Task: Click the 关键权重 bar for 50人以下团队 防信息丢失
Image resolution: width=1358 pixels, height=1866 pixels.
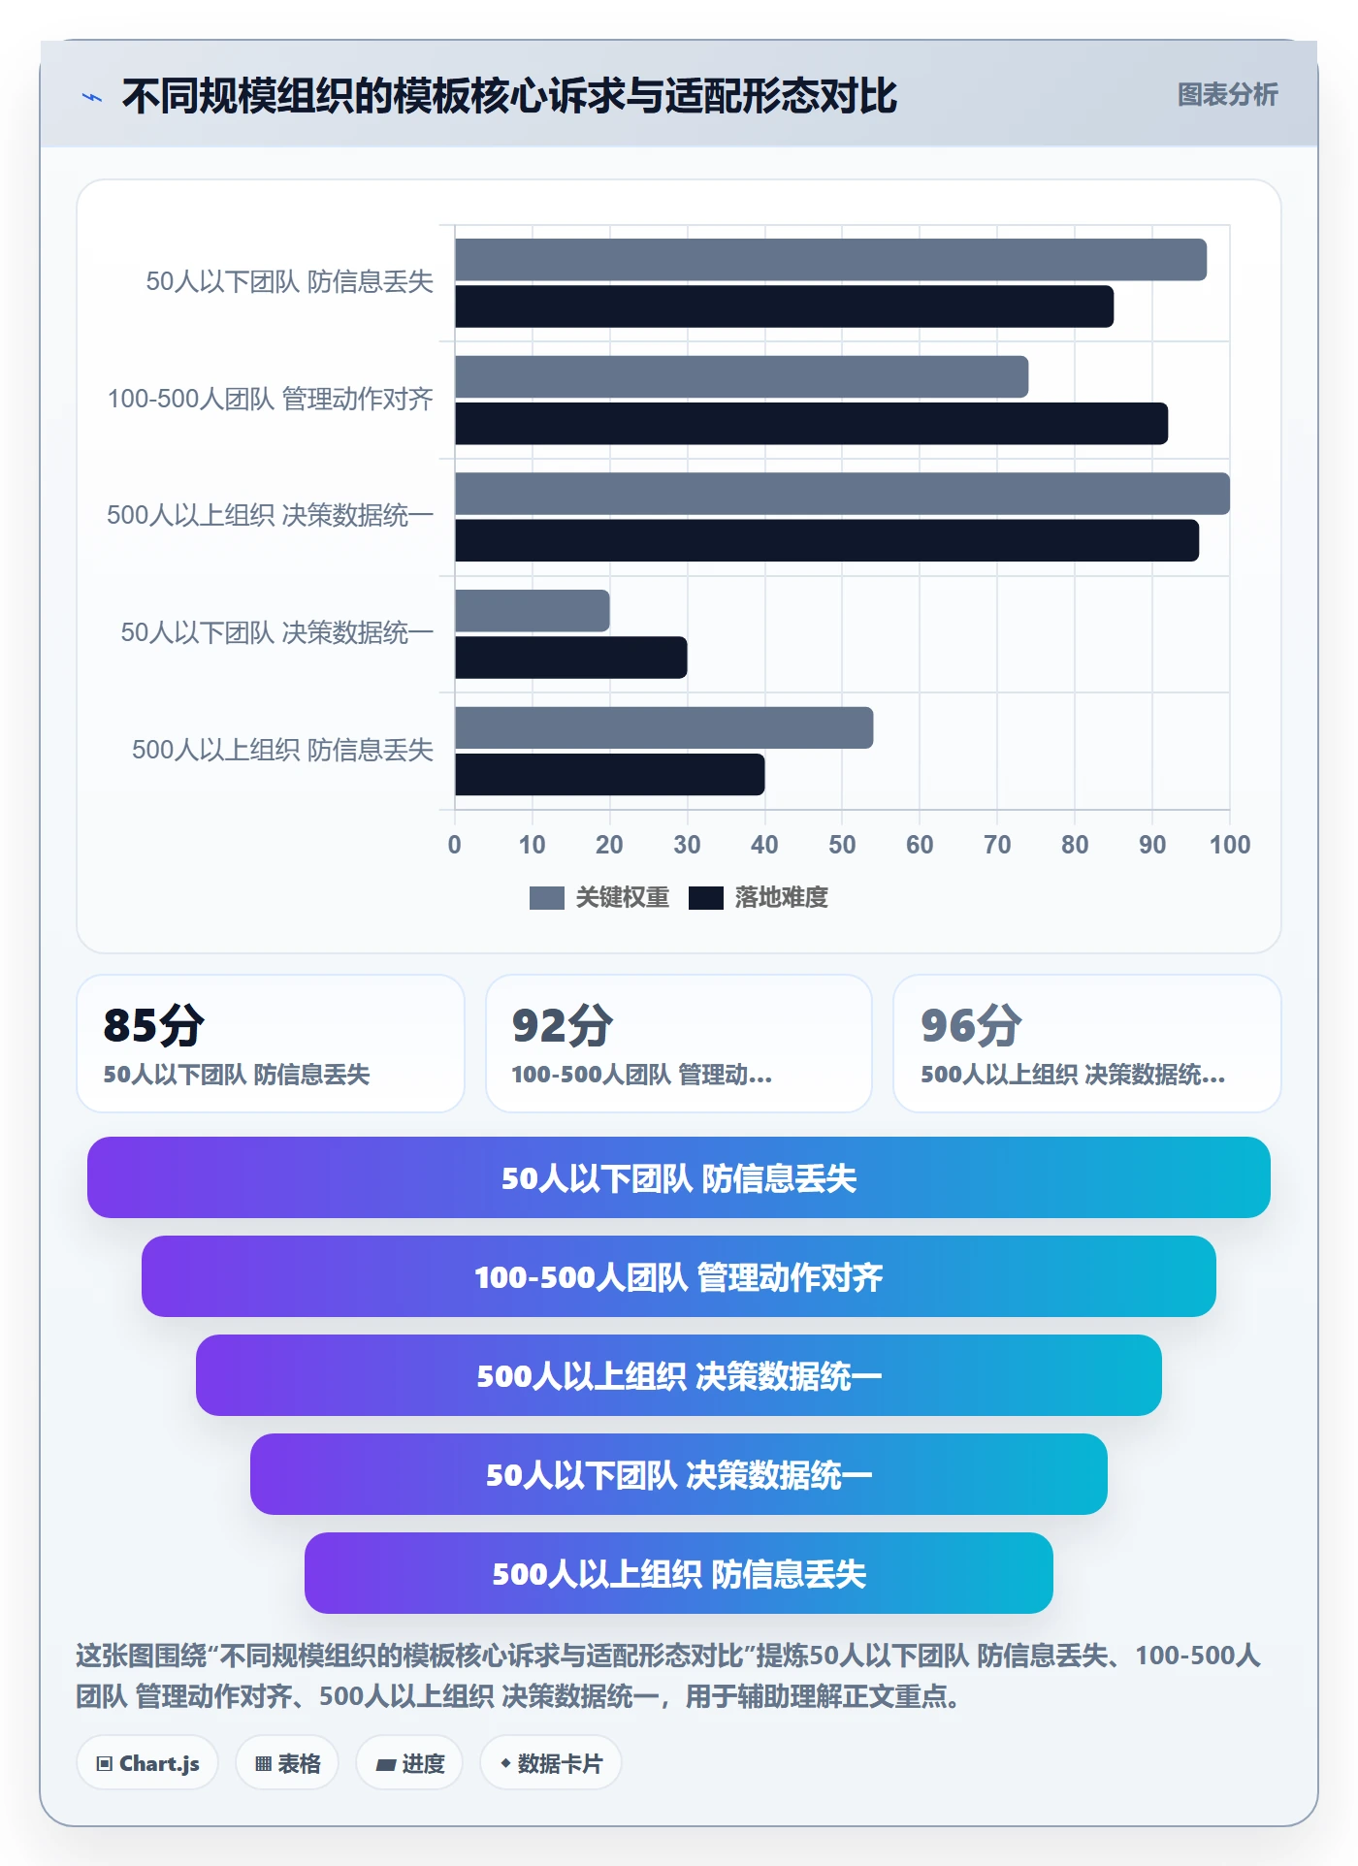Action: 830,260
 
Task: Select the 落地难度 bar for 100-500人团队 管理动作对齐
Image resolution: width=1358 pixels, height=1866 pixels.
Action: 811,424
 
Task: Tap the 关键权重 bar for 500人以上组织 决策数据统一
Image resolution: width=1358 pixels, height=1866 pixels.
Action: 842,494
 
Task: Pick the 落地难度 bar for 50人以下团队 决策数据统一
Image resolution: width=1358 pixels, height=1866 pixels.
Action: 570,658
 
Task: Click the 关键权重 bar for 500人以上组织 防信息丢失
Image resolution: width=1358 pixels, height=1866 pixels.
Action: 663,727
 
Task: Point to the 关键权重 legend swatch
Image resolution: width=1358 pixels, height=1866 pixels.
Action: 546,898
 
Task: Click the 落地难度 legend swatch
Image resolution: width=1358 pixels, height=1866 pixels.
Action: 705,898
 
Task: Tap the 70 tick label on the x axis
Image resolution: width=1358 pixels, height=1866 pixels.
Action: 997,845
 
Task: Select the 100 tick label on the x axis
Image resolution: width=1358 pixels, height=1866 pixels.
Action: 1230,845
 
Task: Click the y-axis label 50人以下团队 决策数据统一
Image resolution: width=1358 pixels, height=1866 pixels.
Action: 276,632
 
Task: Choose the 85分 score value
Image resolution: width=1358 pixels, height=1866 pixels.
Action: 153,1025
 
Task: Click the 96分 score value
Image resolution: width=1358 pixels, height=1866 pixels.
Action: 971,1025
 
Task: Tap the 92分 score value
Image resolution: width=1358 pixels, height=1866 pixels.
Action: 563,1025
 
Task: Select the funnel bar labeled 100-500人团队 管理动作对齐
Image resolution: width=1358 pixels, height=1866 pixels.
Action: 679,1276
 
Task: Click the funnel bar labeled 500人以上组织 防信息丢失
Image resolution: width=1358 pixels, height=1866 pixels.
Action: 679,1573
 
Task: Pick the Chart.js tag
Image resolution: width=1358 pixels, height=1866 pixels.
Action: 147,1763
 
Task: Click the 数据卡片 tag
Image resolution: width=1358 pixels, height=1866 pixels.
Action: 550,1763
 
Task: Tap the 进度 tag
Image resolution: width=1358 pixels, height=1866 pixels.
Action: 409,1763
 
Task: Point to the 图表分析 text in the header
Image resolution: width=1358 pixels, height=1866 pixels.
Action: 1227,95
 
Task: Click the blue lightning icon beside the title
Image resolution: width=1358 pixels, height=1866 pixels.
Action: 92,97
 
